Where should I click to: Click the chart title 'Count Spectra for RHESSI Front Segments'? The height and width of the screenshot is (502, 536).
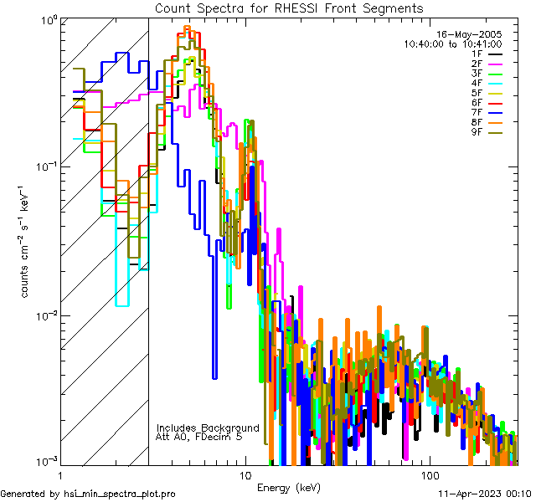(289, 8)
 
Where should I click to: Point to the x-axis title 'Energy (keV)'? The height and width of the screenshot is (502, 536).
(289, 487)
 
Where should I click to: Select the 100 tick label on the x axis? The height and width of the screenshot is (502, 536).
(429, 474)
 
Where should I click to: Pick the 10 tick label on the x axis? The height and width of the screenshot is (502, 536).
(245, 474)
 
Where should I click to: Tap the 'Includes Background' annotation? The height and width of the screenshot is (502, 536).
(208, 428)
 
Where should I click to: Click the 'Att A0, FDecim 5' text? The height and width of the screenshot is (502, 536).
(199, 437)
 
